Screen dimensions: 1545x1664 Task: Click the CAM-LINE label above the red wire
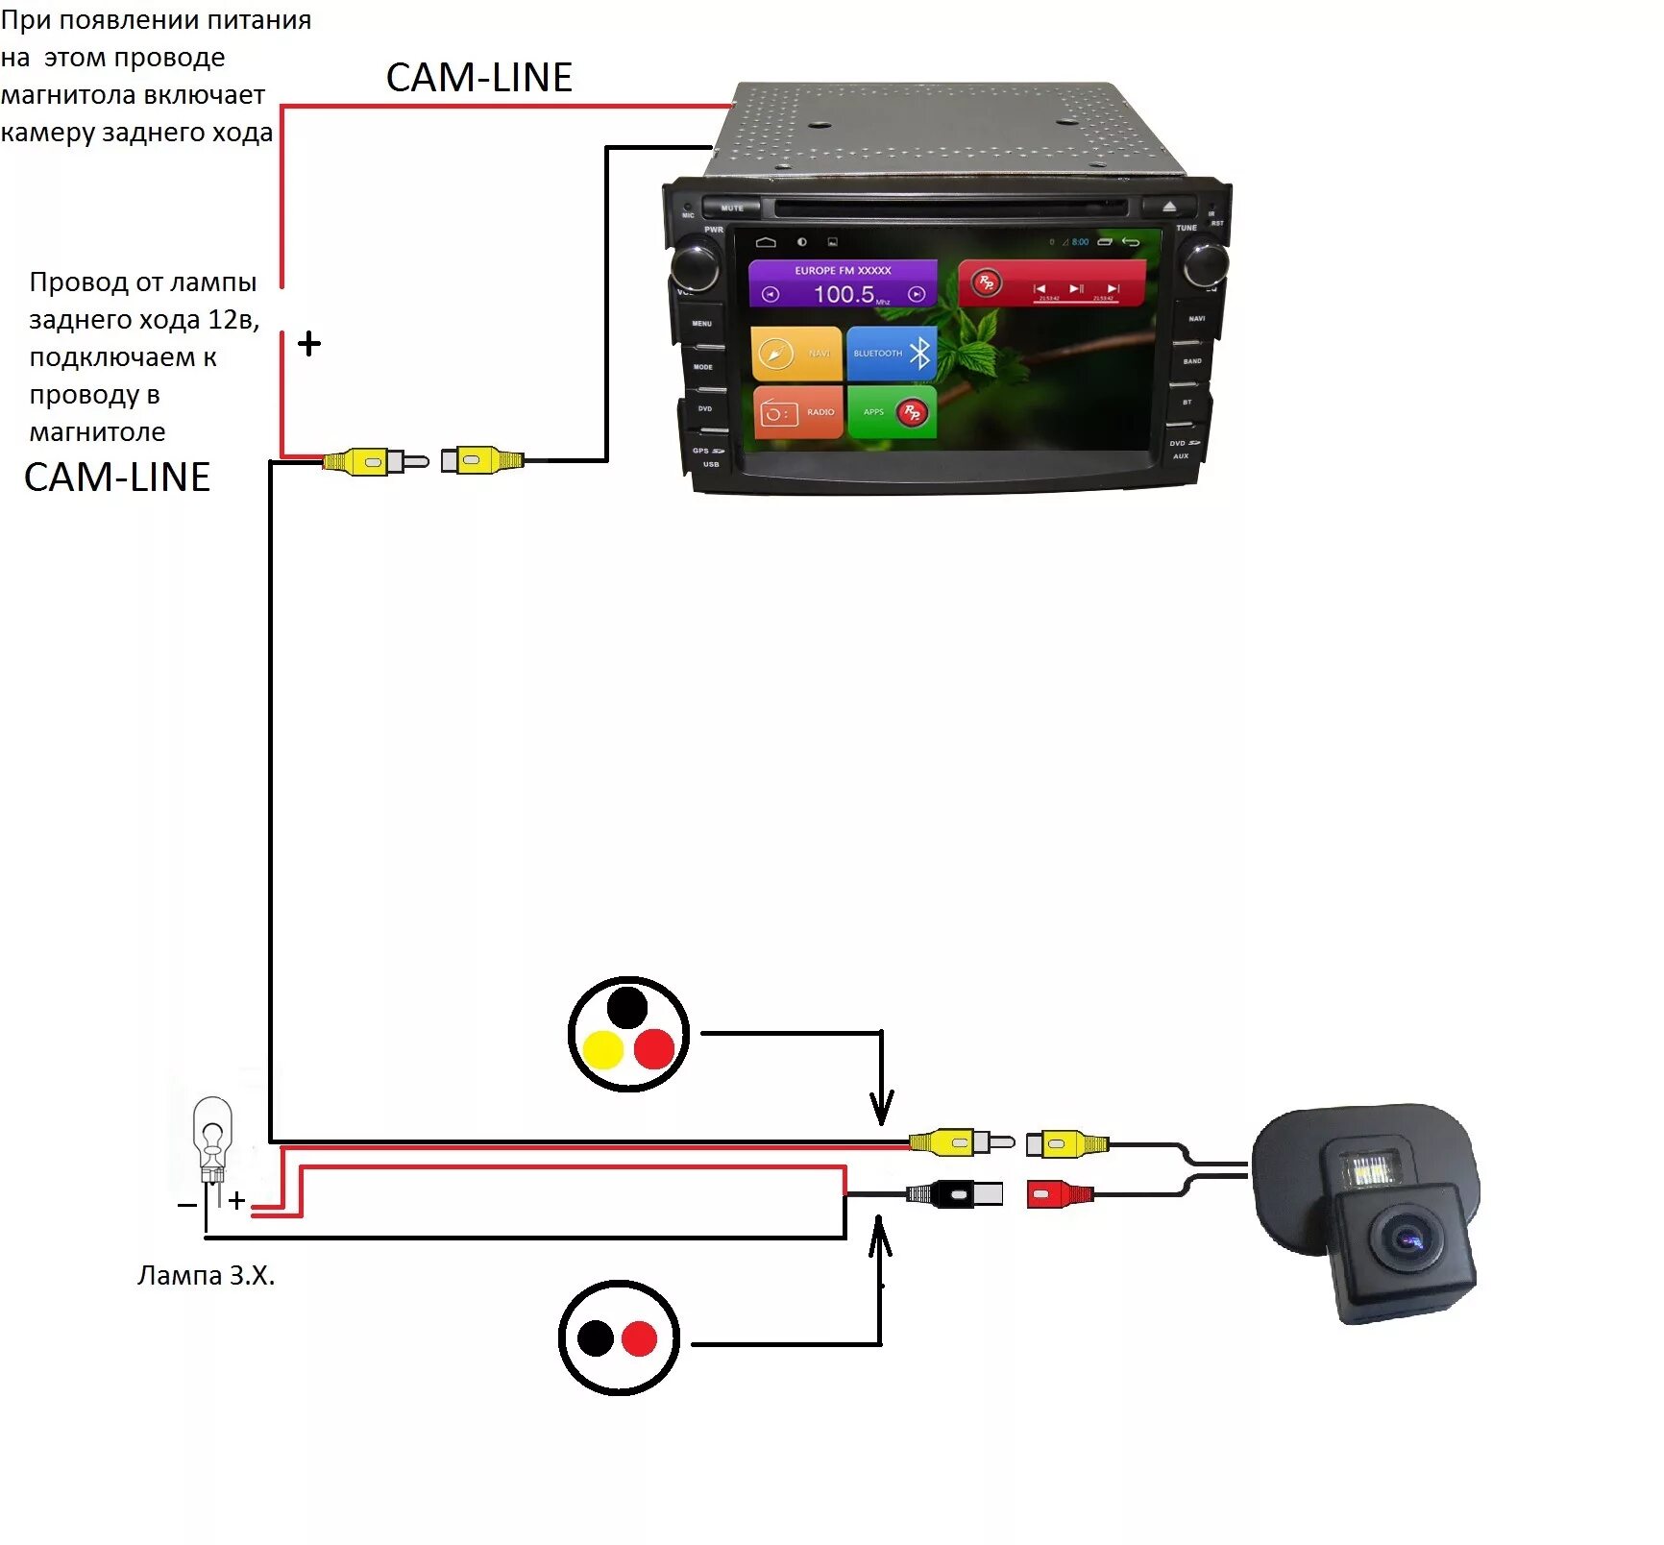pos(478,78)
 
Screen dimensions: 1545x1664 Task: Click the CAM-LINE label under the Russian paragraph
pos(116,478)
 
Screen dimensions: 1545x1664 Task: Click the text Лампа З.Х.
pos(206,1275)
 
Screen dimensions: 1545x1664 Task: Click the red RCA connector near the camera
pos(1057,1194)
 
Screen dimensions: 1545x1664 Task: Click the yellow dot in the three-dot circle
pos(603,1050)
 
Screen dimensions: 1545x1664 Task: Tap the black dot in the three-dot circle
pos(627,1007)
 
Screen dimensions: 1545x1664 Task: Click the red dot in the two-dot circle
pos(639,1338)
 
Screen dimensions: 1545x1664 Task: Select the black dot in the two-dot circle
pos(596,1338)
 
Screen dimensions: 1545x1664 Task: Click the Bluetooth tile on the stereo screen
pos(892,354)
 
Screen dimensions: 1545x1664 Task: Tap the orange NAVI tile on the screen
pos(796,354)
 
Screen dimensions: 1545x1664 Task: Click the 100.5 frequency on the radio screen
pos(844,294)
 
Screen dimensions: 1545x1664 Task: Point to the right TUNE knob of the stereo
pos(1205,263)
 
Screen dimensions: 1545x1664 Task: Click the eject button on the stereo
pos(1169,207)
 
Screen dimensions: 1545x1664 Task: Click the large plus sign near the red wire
pos(309,343)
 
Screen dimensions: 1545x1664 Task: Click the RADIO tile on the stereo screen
pos(797,412)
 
